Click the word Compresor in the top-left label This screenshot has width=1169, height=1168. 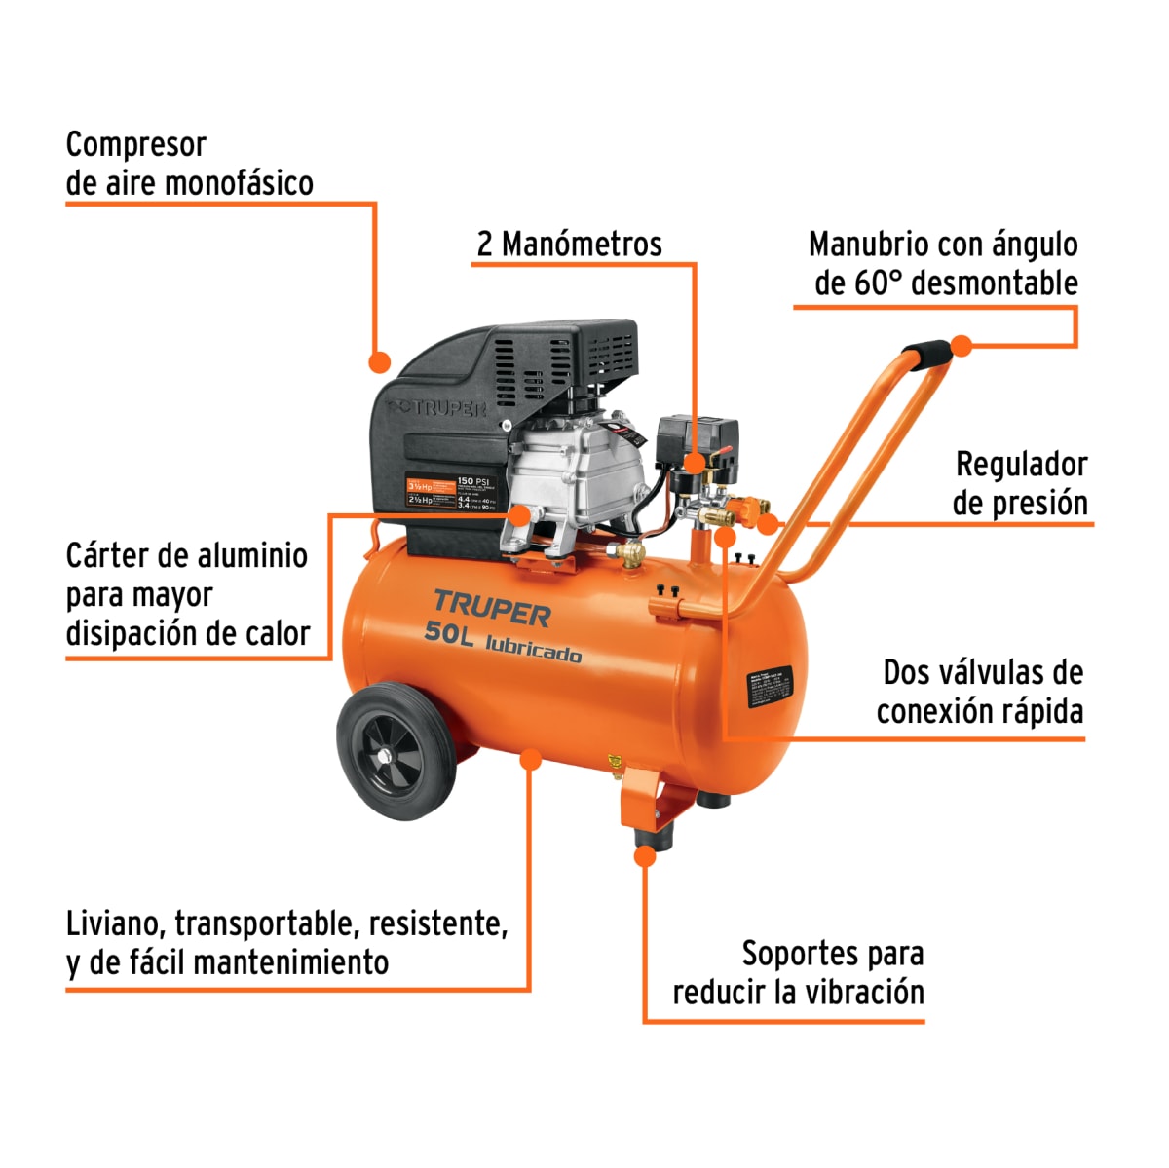[135, 145]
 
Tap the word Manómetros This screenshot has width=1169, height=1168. [581, 244]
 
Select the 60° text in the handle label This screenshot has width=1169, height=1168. [880, 283]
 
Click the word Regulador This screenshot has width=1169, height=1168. [1021, 465]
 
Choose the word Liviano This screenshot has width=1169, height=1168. [116, 923]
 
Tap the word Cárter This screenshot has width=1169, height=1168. [107, 555]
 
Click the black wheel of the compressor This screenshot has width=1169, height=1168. [396, 752]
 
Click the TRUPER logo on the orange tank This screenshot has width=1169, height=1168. [492, 609]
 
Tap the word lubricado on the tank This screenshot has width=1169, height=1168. [533, 650]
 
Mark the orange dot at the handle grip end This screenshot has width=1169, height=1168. [962, 345]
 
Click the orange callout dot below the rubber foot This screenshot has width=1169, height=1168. [645, 856]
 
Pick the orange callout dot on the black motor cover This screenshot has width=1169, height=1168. [379, 362]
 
